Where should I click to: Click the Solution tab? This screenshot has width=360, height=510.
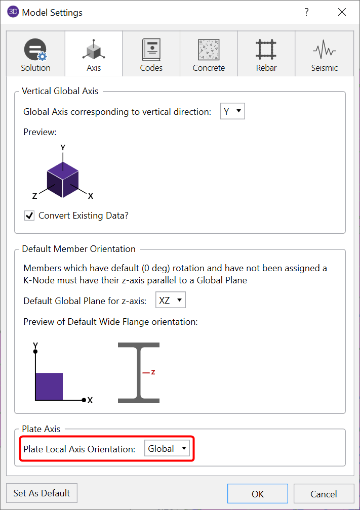point(35,54)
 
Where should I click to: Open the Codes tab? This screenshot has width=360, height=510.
point(151,54)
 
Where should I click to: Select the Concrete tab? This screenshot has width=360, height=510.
point(209,54)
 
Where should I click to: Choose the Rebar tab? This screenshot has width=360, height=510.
point(266,54)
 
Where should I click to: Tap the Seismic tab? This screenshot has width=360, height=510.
point(324,54)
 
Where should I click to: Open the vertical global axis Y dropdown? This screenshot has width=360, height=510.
point(232,112)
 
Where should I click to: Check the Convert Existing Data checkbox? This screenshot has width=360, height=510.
point(29,216)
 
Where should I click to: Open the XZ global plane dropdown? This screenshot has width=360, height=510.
point(171,301)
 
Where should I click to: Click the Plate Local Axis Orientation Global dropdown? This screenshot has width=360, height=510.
point(167,448)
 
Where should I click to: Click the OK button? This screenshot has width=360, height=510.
point(257,494)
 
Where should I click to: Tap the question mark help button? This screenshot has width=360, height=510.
point(306,13)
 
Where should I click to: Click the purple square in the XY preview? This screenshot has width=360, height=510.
point(49,387)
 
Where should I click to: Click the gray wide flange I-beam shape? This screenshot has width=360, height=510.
point(139,373)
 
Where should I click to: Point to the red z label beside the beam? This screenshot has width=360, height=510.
point(152,372)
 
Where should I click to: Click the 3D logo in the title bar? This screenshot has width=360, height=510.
point(13,12)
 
